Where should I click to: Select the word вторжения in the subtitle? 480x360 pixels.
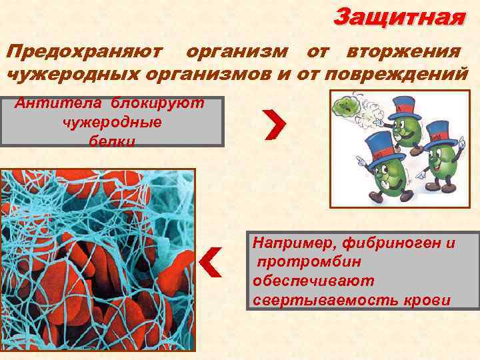click(403, 51)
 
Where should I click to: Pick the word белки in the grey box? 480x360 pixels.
click(111, 141)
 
